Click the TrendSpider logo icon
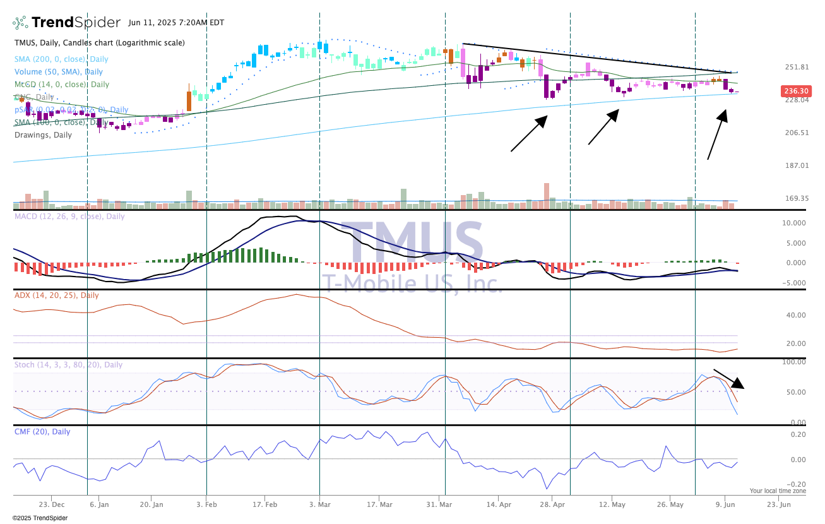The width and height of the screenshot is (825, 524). pyautogui.click(x=21, y=23)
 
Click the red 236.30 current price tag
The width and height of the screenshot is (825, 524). pyautogui.click(x=795, y=91)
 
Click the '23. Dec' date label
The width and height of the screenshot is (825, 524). pyautogui.click(x=51, y=504)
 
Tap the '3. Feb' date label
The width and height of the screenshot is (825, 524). pyautogui.click(x=206, y=504)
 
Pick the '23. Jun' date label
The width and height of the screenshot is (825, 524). pyautogui.click(x=779, y=504)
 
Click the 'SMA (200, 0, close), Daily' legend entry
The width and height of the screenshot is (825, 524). pyautogui.click(x=59, y=59)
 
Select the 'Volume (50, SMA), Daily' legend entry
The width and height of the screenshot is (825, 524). pyautogui.click(x=59, y=72)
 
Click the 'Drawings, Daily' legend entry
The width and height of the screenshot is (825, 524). pyautogui.click(x=44, y=134)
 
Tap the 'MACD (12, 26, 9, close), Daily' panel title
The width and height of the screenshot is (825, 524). pyautogui.click(x=69, y=217)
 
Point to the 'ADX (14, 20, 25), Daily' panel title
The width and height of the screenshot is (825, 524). pyautogui.click(x=57, y=295)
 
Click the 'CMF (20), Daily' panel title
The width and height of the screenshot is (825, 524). pyautogui.click(x=42, y=432)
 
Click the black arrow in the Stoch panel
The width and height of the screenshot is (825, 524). pyautogui.click(x=729, y=379)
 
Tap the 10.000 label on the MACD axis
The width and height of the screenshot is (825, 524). pyautogui.click(x=793, y=223)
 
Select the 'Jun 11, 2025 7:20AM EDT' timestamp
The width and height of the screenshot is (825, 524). pyautogui.click(x=176, y=23)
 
